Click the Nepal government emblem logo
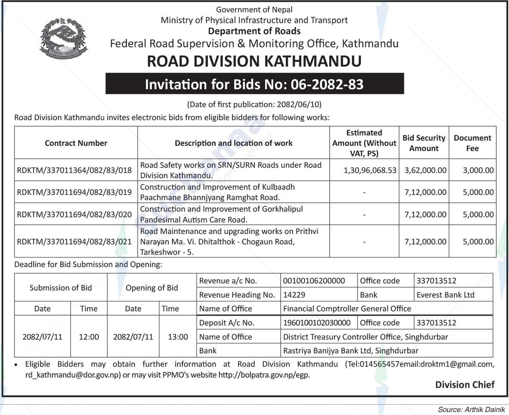[63, 39]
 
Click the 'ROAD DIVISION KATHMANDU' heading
[254, 61]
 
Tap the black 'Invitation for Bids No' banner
[254, 84]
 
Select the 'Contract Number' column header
[76, 143]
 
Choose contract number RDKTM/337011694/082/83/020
[74, 214]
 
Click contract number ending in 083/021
[74, 242]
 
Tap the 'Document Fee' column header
[472, 143]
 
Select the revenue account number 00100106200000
[314, 281]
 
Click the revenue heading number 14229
[294, 295]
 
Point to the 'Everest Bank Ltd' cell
[445, 295]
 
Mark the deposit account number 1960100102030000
[317, 322]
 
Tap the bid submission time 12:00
[89, 337]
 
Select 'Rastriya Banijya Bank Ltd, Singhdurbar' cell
[350, 351]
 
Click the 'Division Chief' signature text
[465, 384]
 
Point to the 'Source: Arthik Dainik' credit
[471, 409]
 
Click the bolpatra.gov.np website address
[264, 375]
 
